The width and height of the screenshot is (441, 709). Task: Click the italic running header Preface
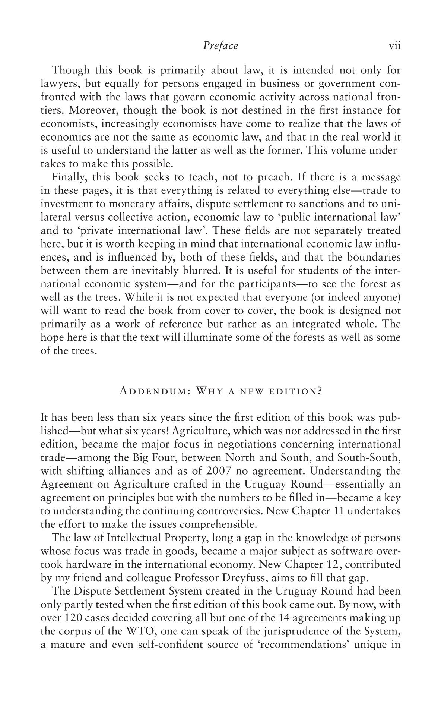tap(220, 46)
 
